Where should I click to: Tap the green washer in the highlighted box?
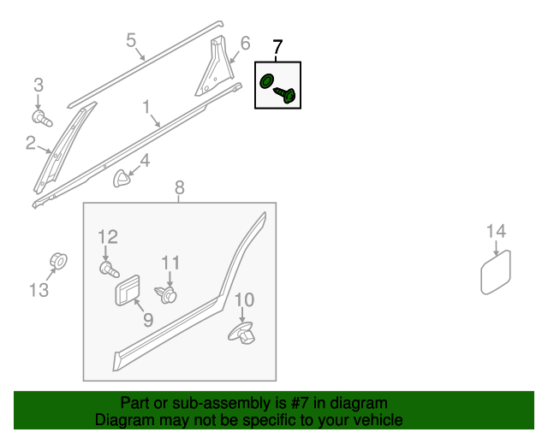click(x=266, y=82)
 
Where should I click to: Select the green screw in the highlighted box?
click(x=287, y=94)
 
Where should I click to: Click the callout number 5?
click(x=131, y=39)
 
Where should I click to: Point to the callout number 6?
click(x=245, y=43)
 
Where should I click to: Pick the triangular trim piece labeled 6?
click(x=212, y=68)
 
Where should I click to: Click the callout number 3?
click(x=39, y=85)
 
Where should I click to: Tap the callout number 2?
click(x=31, y=144)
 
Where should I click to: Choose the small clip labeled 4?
click(x=123, y=178)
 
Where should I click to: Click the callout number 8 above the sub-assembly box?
click(x=179, y=187)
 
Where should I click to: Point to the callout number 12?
click(x=107, y=237)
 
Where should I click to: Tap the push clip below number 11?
click(x=169, y=294)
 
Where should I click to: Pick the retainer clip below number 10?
click(x=243, y=333)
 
